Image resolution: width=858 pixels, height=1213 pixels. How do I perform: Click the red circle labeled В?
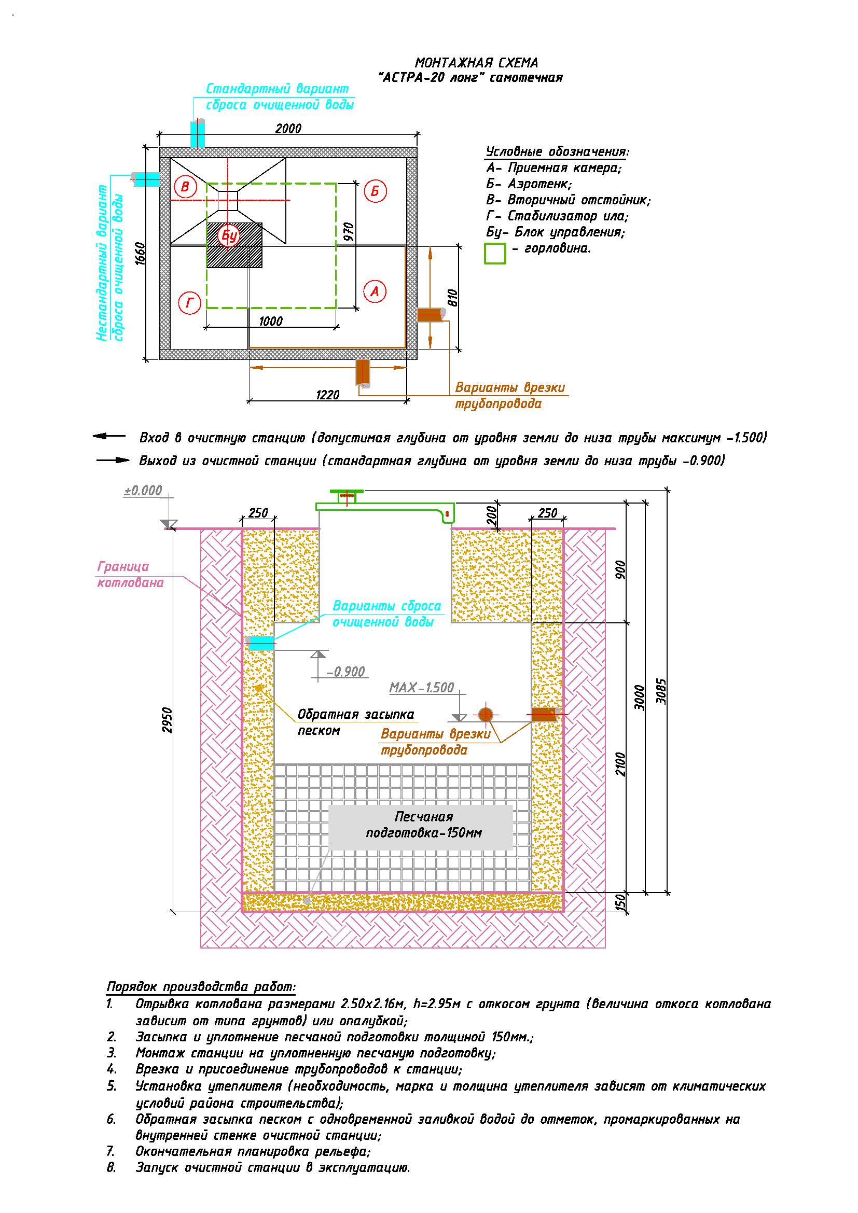[185, 186]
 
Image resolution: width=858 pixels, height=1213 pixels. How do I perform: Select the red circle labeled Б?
[375, 191]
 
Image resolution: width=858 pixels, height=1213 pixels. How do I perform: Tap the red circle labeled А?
[375, 291]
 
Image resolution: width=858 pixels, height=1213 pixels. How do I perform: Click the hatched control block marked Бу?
[234, 245]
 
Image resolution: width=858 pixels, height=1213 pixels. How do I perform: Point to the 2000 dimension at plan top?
[288, 129]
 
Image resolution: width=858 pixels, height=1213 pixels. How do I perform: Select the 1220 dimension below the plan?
[327, 395]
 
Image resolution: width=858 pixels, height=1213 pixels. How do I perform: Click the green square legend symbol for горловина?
[495, 253]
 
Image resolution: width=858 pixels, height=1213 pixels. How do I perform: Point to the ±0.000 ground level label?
[143, 491]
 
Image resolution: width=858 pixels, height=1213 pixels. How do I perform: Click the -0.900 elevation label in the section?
[346, 672]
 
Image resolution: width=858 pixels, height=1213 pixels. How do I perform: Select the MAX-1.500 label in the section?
[422, 687]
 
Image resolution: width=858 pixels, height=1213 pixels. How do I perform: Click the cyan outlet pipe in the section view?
[260, 643]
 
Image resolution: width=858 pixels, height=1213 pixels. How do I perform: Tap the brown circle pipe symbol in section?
[486, 715]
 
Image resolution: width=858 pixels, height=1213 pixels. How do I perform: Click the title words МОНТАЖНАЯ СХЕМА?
[477, 63]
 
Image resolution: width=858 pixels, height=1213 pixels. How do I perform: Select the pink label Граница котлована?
[131, 574]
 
